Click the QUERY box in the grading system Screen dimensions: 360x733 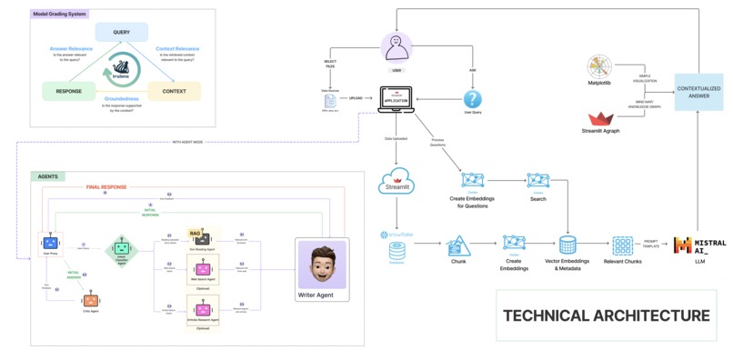[121, 32]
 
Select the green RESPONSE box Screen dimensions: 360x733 [70, 91]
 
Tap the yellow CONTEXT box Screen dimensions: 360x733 [174, 91]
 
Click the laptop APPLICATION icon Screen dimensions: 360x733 [397, 98]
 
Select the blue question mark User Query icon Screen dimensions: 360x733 [472, 99]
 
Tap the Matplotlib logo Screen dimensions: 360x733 [600, 67]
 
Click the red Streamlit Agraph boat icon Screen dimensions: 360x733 [601, 118]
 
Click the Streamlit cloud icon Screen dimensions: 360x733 [397, 180]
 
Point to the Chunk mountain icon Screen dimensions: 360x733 [458, 245]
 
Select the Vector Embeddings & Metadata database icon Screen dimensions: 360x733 [567, 245]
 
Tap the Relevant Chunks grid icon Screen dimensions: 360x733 [622, 245]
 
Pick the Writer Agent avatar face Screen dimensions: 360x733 [322, 266]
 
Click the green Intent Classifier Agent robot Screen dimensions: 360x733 [121, 248]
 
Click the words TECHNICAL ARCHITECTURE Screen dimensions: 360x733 [607, 315]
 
